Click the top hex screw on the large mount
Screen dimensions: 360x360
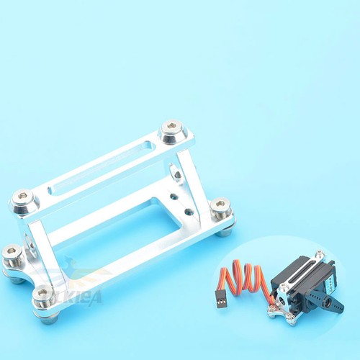click(172, 129)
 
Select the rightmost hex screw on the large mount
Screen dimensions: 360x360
click(220, 207)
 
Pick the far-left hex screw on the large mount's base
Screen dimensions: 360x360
click(12, 253)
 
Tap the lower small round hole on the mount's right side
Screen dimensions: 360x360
click(189, 212)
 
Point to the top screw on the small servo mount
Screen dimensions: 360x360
click(319, 255)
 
